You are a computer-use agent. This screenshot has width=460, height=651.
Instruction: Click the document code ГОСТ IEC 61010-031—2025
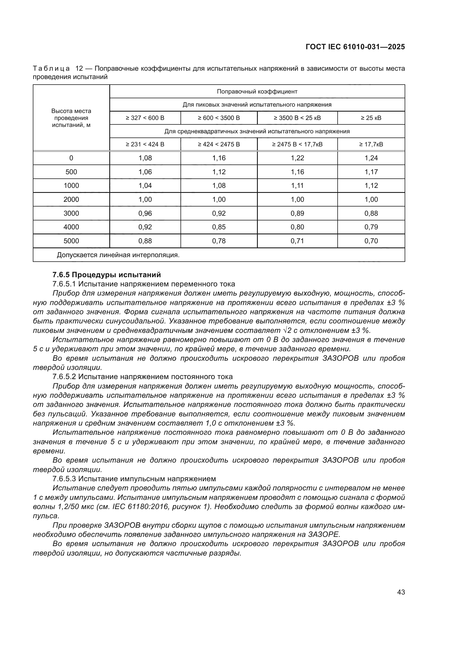(355, 47)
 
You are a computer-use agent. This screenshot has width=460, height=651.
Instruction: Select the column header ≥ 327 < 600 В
(145, 118)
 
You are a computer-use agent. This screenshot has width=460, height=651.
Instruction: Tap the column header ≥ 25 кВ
(371, 118)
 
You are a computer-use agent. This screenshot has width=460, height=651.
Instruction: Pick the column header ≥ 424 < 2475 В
(219, 144)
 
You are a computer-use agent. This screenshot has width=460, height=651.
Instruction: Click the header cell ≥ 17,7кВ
(371, 144)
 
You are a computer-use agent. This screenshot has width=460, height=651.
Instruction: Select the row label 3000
(71, 213)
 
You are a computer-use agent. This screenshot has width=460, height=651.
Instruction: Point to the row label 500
(71, 172)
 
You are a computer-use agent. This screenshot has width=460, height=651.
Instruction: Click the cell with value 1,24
(371, 158)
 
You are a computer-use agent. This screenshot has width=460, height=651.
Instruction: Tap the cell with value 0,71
(297, 241)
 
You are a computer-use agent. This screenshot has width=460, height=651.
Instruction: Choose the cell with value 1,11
(297, 185)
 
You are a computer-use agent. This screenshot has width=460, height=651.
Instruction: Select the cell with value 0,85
(219, 227)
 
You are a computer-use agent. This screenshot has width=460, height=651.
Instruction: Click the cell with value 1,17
(371, 172)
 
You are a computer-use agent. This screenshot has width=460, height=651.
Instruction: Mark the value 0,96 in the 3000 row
(145, 213)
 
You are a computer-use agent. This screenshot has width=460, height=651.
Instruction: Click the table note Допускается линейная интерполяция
(118, 255)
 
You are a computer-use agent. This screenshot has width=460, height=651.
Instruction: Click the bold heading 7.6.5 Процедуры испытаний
(107, 274)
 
